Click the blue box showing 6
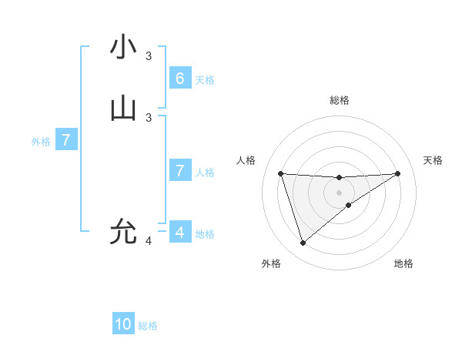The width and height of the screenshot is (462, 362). coord(179,79)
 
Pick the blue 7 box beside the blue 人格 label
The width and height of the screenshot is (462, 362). coord(179,171)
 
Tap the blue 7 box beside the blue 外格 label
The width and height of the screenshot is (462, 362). coord(66,140)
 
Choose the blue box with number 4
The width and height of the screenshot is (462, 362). coord(179,233)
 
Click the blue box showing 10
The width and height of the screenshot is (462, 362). coord(123,324)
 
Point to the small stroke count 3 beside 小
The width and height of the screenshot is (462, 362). coord(149,56)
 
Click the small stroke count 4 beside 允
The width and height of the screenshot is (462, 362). coord(149,241)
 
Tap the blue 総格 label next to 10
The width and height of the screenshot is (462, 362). coord(148,326)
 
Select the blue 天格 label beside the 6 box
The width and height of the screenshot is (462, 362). coord(204,80)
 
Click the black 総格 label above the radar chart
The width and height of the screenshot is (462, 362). coord(339,100)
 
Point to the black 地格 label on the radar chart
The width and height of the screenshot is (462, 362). coord(403,264)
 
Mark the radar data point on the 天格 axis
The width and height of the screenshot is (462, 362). coord(397,173)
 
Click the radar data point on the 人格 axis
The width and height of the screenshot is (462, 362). coord(281,173)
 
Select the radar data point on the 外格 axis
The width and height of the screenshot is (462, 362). coord(303,243)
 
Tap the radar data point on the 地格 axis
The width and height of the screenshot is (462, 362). coord(349,205)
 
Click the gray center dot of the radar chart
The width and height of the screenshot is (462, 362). coord(339,192)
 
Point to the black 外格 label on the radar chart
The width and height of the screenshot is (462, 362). coord(271,264)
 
